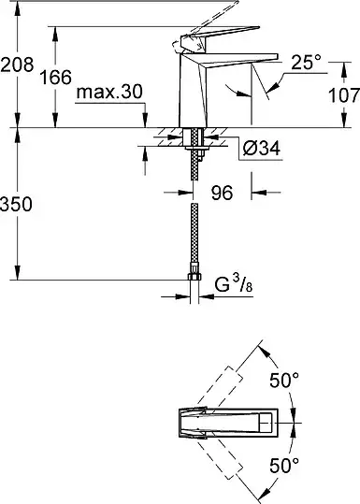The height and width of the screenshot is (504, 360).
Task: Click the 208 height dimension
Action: tap(17, 65)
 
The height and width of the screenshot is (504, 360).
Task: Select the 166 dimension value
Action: tap(55, 78)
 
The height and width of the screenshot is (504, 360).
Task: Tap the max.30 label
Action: tap(109, 93)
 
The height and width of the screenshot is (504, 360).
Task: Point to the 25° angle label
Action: tap(306, 63)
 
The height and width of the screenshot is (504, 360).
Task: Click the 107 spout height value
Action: tap(343, 95)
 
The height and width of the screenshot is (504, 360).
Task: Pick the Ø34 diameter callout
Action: tap(262, 149)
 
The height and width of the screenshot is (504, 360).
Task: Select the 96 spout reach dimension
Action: tap(223, 194)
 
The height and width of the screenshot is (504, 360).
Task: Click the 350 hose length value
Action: tap(16, 205)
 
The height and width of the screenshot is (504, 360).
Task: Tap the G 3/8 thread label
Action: tap(234, 284)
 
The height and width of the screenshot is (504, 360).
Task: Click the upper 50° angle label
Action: tap(284, 381)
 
